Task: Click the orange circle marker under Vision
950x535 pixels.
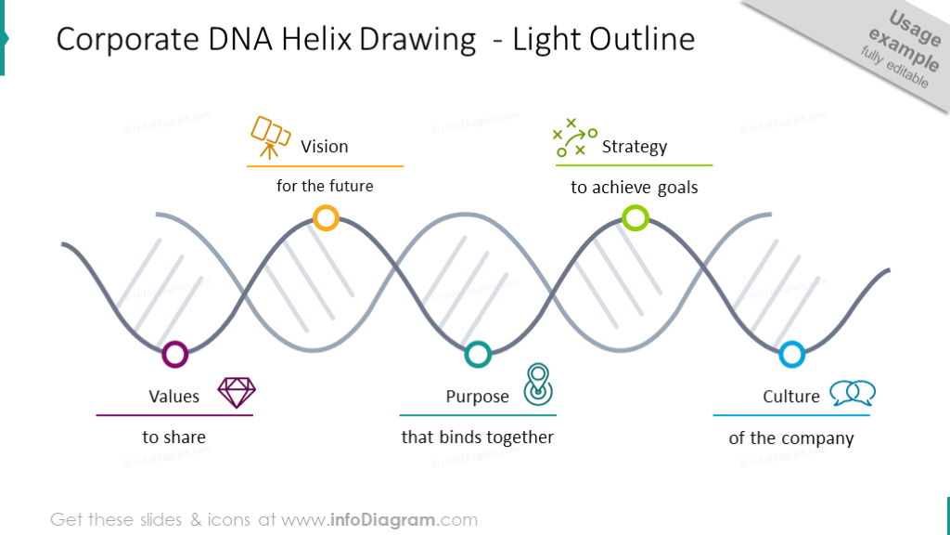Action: pyautogui.click(x=326, y=218)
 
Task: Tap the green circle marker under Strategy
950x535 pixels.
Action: pyautogui.click(x=635, y=218)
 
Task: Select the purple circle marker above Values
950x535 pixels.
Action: pyautogui.click(x=174, y=354)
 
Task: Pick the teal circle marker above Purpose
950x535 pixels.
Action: pyautogui.click(x=478, y=354)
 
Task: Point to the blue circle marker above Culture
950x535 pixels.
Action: pyautogui.click(x=791, y=354)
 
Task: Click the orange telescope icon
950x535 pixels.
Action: pyautogui.click(x=271, y=137)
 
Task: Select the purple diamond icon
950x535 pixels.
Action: pyautogui.click(x=237, y=392)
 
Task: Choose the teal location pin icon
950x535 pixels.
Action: pyautogui.click(x=537, y=385)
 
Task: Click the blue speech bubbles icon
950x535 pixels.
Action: pyautogui.click(x=853, y=393)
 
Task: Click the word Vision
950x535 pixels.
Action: pyautogui.click(x=325, y=147)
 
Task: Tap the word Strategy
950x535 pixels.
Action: pyautogui.click(x=635, y=147)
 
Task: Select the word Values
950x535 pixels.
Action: pyautogui.click(x=174, y=397)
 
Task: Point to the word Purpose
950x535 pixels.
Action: pyautogui.click(x=478, y=397)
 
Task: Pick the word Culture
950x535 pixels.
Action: pyautogui.click(x=791, y=397)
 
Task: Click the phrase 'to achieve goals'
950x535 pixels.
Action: pyautogui.click(x=635, y=188)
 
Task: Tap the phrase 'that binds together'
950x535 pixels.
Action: pyautogui.click(x=478, y=437)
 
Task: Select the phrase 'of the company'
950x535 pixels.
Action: pyautogui.click(x=791, y=438)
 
